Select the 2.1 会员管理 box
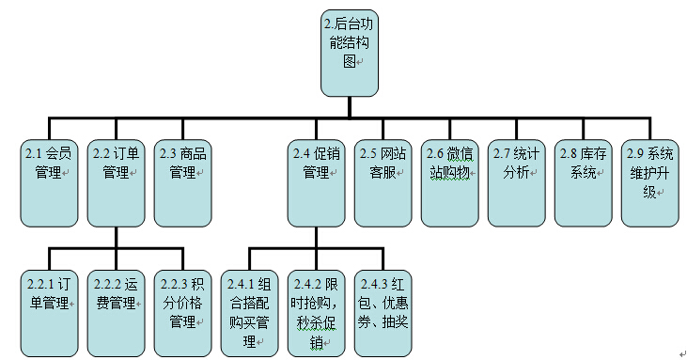coord(49,181)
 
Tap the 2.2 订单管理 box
coord(116,181)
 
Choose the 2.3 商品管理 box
coord(182,181)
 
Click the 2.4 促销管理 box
coord(315,181)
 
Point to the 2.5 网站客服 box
coord(382,181)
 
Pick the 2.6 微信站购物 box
coord(448,181)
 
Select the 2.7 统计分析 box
coord(515,181)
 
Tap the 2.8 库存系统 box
coord(582,181)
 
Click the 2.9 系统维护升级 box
coord(648,181)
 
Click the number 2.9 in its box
coord(634,153)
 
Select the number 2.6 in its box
coord(434,153)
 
